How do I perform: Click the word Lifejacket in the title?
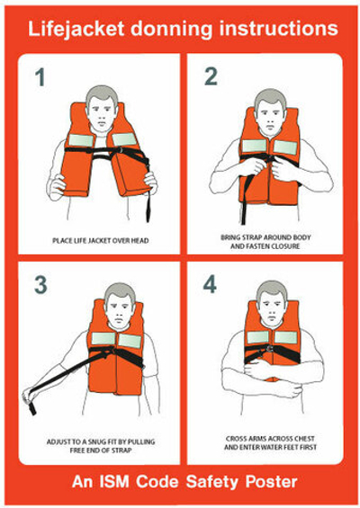point(76,29)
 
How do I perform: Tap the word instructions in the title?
point(279,28)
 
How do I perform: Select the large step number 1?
point(40,77)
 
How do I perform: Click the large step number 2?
point(211,76)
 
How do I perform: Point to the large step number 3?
point(40,285)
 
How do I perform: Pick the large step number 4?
point(210,284)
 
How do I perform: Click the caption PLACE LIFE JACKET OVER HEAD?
point(101,241)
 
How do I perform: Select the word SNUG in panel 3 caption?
point(97,441)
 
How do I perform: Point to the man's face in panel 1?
point(102,114)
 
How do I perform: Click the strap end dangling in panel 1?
point(148,208)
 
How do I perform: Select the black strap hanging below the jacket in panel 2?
point(244,200)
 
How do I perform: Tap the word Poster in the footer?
point(272,482)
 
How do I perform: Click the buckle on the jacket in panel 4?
point(269,349)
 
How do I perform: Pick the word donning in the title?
point(172,29)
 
